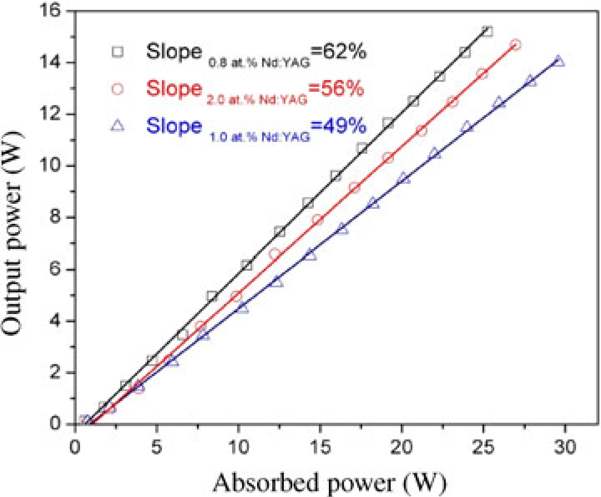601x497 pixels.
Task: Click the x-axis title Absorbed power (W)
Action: click(330, 483)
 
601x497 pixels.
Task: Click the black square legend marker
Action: click(119, 52)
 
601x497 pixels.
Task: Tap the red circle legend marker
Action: click(119, 89)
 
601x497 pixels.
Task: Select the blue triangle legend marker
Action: click(119, 126)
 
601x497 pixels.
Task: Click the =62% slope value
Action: click(338, 52)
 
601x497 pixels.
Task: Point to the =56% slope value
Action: click(336, 89)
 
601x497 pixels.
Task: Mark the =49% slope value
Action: click(338, 126)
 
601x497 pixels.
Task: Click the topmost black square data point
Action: click(487, 31)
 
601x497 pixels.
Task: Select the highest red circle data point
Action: click(516, 45)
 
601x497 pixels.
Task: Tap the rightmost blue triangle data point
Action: click(559, 61)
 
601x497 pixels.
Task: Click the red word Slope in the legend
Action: click(174, 89)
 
